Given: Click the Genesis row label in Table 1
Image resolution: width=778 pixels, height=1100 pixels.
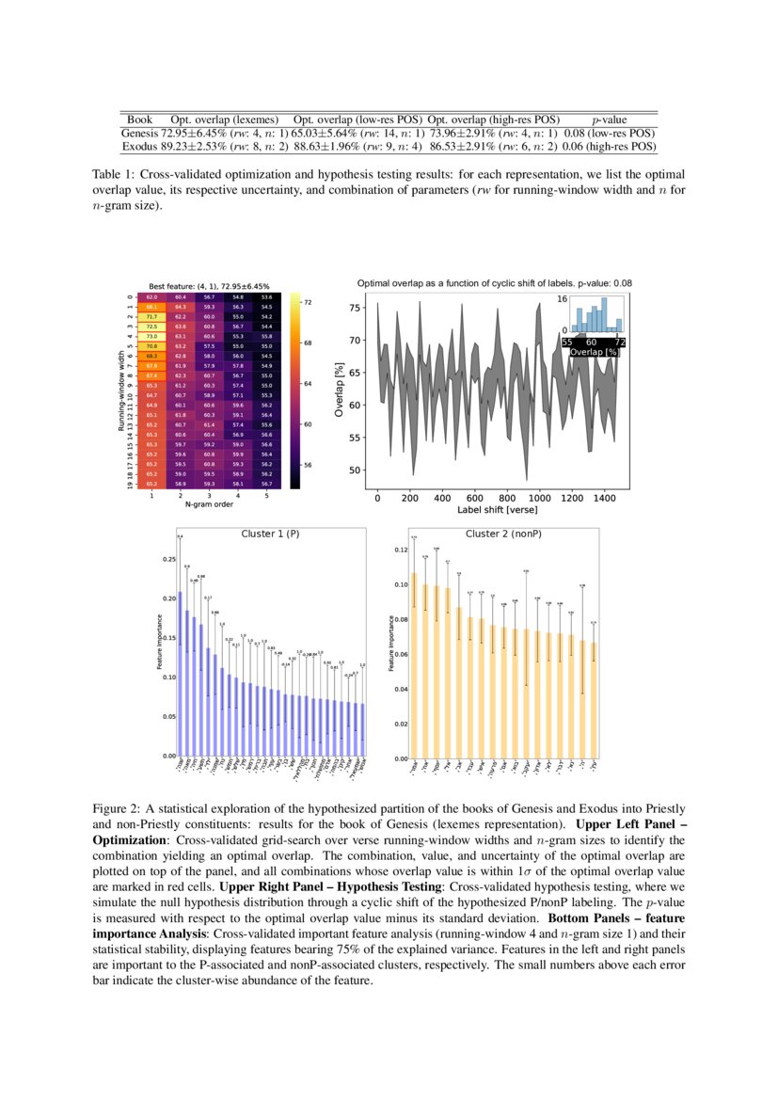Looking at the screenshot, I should coord(139,134).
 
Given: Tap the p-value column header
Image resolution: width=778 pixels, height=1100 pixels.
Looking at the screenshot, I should coord(609,120).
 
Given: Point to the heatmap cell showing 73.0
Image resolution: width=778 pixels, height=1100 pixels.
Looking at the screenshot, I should coord(151,335).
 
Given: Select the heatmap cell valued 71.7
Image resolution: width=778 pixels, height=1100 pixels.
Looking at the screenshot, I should coord(151,316).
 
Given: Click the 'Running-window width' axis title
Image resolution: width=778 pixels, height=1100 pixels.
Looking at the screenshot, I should coord(121,391).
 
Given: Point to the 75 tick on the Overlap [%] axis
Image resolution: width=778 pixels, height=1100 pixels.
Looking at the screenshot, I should coord(354,308).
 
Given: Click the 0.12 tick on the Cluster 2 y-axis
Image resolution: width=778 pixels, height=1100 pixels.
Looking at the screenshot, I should coord(401,550).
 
